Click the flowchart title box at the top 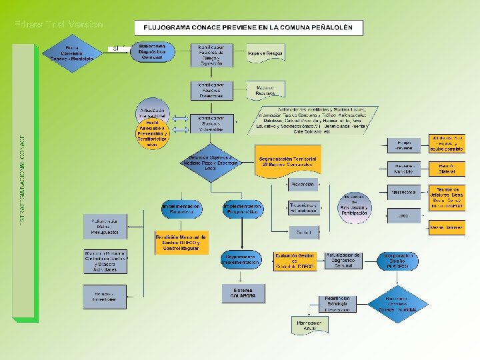point(249,28)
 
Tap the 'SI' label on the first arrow point(116,49)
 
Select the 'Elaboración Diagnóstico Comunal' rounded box point(152,53)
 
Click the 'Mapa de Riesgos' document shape point(265,53)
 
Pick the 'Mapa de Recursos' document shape point(265,89)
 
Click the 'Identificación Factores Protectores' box point(211,91)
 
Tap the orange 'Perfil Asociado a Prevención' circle point(153,134)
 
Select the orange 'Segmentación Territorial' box point(287,161)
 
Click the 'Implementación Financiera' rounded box point(181,210)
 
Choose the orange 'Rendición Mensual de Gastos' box point(181,243)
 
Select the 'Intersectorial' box point(404,192)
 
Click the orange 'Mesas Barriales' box point(447,227)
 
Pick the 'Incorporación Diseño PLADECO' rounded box point(397,260)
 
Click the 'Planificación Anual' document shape point(309,325)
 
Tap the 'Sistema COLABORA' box point(243,293)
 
